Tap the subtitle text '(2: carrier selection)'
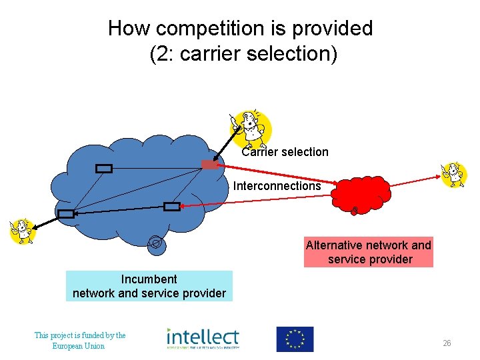pyautogui.click(x=243, y=54)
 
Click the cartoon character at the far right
pyautogui.click(x=455, y=175)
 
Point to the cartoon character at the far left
pyautogui.click(x=22, y=230)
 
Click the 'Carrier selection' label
pyautogui.click(x=285, y=152)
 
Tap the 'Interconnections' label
pyautogui.click(x=277, y=186)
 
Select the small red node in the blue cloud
pyautogui.click(x=209, y=165)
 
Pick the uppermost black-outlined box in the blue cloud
pyautogui.click(x=103, y=169)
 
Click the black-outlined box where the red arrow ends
pyautogui.click(x=172, y=207)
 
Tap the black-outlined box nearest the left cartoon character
pyautogui.click(x=65, y=214)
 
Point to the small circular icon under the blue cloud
pyautogui.click(x=155, y=243)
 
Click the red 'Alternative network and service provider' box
pyautogui.click(x=368, y=252)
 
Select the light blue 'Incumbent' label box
pyautogui.click(x=149, y=286)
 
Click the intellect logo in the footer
pyautogui.click(x=203, y=339)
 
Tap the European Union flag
pyautogui.click(x=295, y=339)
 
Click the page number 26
pyautogui.click(x=447, y=343)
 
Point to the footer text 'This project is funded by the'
pyautogui.click(x=80, y=335)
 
